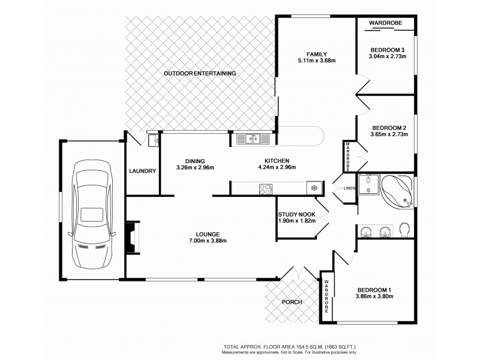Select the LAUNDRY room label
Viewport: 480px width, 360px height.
click(x=142, y=171)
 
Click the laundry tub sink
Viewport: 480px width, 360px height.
click(x=153, y=141)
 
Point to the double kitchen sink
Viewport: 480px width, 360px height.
click(x=252, y=139)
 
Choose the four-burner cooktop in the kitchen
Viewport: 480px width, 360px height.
click(x=265, y=188)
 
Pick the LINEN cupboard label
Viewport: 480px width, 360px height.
click(x=349, y=189)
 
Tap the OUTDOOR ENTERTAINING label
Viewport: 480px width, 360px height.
click(x=200, y=73)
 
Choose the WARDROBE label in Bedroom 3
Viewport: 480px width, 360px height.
click(x=384, y=22)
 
